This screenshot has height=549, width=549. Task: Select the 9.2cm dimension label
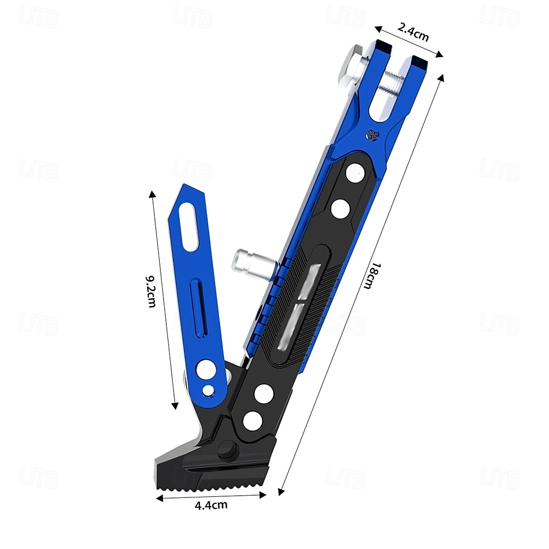(151, 292)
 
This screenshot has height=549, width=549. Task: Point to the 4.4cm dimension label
(211, 505)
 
